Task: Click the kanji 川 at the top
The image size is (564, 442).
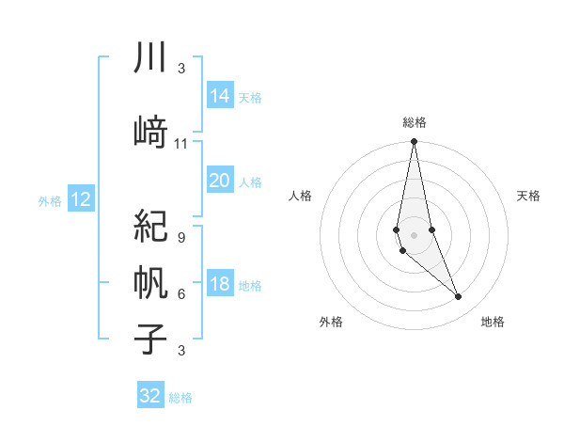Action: pos(150,58)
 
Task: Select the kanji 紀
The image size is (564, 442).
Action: pos(150,226)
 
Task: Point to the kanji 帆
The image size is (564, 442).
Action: pos(150,282)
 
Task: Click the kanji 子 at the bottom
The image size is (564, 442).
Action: pos(150,339)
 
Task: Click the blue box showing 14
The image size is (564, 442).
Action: pos(220,96)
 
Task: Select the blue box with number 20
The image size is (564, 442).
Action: pos(220,182)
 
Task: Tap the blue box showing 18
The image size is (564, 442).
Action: pos(220,285)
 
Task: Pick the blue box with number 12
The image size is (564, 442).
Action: pos(80,199)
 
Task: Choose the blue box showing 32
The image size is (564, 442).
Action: pos(150,396)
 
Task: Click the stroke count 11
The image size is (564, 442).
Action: pos(181,144)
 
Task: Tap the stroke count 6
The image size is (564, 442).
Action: pos(180,294)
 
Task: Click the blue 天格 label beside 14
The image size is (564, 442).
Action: pos(250,97)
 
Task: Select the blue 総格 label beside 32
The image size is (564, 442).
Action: pos(180,397)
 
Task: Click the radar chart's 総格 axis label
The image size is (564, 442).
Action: pos(414,122)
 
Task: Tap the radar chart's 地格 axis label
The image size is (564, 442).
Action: pos(493,322)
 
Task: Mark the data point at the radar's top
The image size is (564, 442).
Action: pos(414,142)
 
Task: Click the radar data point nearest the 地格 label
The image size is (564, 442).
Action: pos(459,297)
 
